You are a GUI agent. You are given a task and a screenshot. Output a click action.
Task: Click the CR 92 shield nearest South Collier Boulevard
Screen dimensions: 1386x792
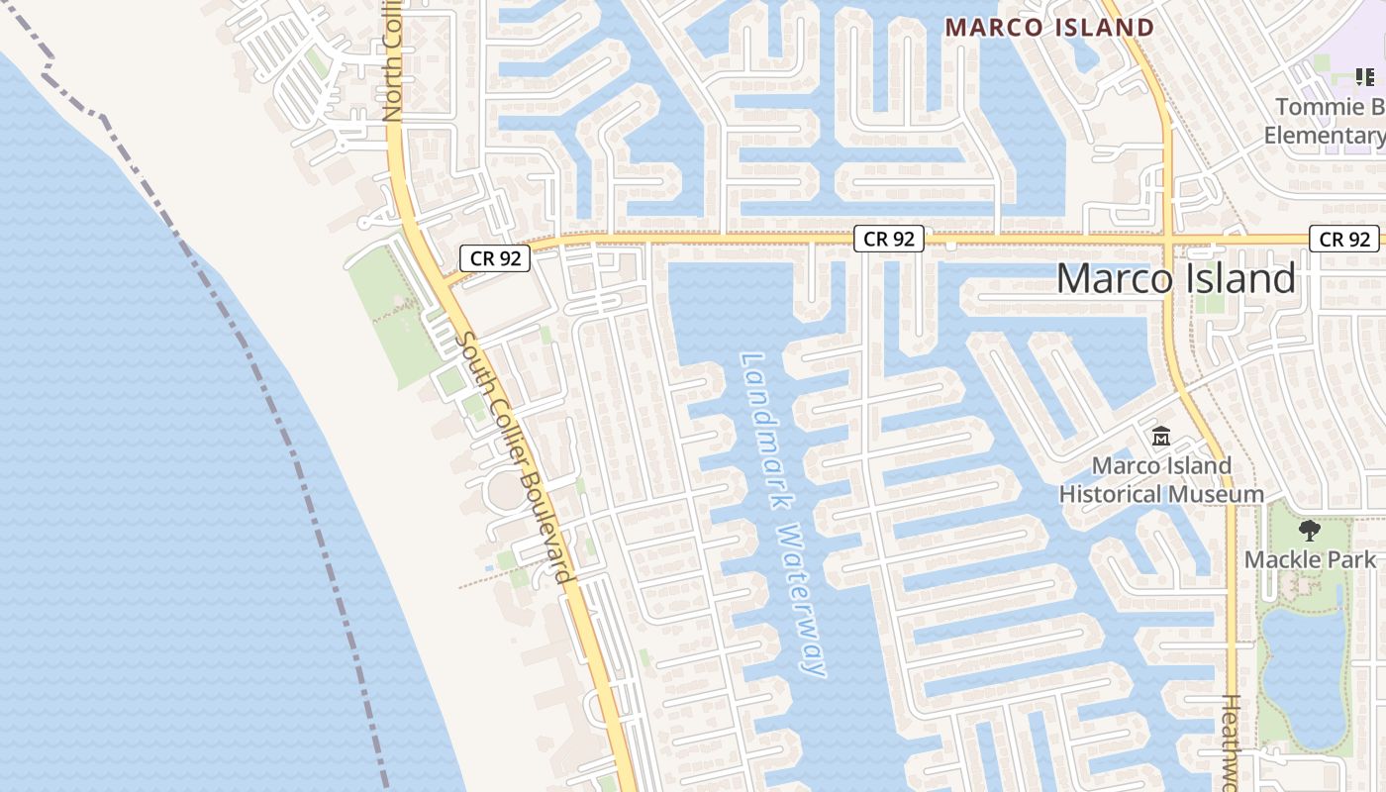click(x=495, y=259)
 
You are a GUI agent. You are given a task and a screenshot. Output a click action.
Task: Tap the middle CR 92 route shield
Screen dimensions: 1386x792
click(x=889, y=239)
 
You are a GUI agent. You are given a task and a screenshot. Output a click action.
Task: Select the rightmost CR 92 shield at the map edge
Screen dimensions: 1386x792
click(x=1344, y=239)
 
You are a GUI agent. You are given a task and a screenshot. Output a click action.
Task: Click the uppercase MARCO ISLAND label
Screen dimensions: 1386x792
click(x=1049, y=28)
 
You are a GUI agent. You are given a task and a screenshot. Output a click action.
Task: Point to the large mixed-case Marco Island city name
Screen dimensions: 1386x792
click(x=1175, y=279)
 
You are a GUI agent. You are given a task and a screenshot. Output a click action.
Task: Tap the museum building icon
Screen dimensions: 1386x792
click(x=1161, y=436)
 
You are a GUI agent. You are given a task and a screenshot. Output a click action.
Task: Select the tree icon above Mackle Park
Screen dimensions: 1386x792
click(x=1310, y=531)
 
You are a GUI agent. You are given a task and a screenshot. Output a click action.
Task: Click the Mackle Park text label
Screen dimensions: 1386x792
click(x=1310, y=559)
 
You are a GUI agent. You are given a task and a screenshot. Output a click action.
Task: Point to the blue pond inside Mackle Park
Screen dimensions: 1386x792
click(x=1302, y=673)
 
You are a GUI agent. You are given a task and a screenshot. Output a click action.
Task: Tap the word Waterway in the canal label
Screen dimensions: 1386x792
click(x=802, y=599)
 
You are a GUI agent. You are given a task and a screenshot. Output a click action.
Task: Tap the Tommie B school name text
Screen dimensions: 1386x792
click(x=1327, y=107)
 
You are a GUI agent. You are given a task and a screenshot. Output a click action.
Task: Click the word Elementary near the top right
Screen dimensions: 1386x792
click(x=1325, y=136)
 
